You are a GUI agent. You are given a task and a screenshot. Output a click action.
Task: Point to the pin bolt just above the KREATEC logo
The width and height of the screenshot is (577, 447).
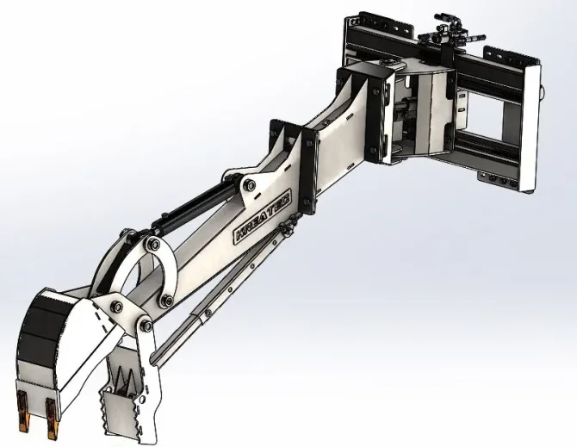click(248, 185)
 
